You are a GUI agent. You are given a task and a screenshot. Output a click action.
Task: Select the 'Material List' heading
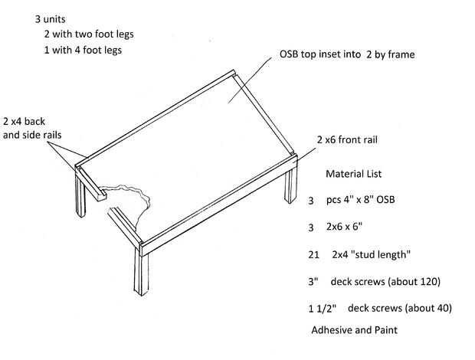coord(357,174)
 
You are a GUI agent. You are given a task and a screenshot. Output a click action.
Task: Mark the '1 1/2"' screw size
coord(319,308)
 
